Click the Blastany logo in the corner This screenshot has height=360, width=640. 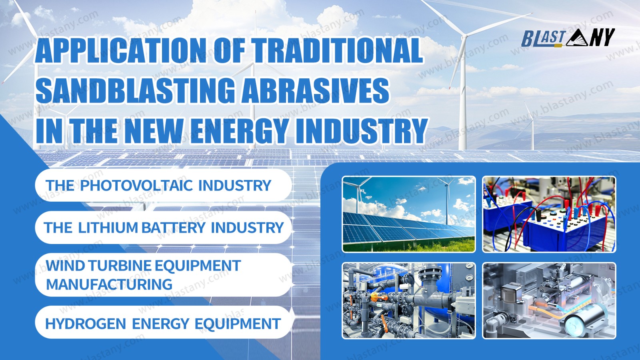pyautogui.click(x=568, y=38)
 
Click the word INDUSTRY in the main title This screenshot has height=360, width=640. pyautogui.click(x=361, y=130)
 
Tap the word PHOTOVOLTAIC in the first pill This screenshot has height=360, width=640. pyautogui.click(x=136, y=185)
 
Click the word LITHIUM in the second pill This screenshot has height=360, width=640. pyautogui.click(x=108, y=228)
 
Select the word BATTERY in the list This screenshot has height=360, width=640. pyautogui.click(x=174, y=228)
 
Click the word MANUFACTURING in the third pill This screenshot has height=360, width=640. pyautogui.click(x=109, y=284)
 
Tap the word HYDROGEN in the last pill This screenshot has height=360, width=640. pyautogui.click(x=86, y=324)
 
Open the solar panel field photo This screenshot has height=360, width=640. pyautogui.click(x=409, y=214)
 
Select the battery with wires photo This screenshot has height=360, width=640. pyautogui.click(x=549, y=214)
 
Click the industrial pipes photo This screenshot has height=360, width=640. pyautogui.click(x=409, y=300)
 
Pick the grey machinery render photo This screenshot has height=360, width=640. pyautogui.click(x=549, y=300)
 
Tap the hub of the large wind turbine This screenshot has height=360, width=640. pyautogui.click(x=464, y=36)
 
